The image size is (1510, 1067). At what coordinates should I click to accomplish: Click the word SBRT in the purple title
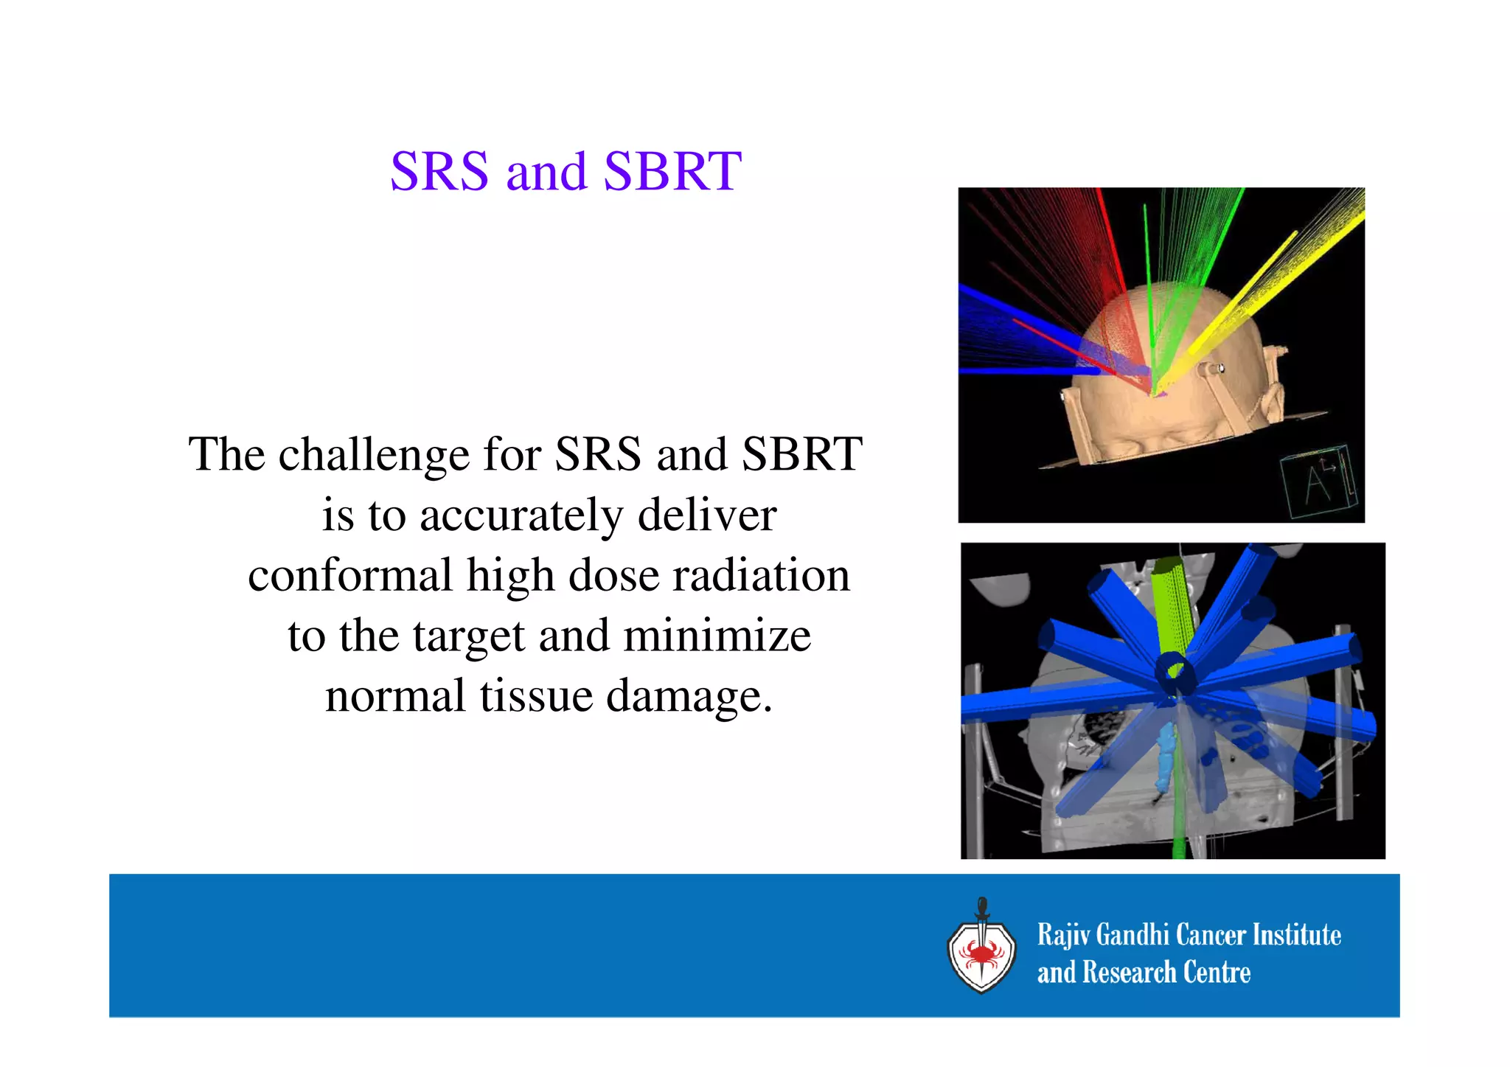672,172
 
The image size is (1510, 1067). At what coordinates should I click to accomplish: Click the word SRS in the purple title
439,172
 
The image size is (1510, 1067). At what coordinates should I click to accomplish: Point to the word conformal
349,575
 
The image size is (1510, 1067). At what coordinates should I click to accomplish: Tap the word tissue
536,696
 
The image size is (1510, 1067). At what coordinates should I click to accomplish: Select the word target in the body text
469,637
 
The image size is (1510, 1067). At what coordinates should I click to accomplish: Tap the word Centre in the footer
1217,973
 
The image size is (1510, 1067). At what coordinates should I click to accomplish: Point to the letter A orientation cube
1318,484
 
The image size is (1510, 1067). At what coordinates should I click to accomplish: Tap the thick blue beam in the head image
1017,332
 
